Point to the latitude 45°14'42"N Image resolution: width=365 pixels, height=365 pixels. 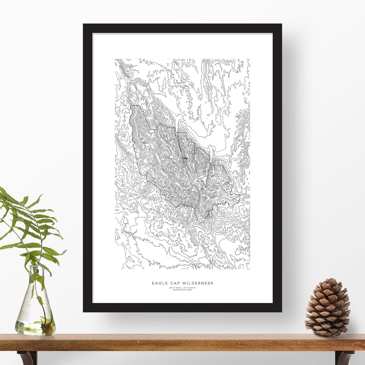pyautogui.click(x=175, y=288)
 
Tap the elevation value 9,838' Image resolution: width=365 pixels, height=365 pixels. pyautogui.click(x=189, y=290)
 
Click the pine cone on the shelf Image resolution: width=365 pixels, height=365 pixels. pyautogui.click(x=327, y=308)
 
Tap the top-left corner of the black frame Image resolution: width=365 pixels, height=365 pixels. pyautogui.click(x=84, y=25)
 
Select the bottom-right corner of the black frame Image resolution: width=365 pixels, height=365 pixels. pyautogui.click(x=281, y=311)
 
